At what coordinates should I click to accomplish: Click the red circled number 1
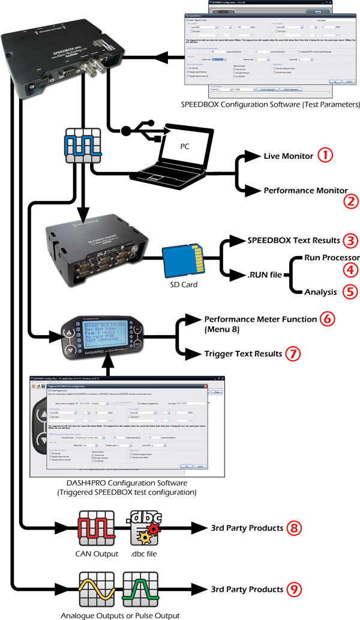(325, 155)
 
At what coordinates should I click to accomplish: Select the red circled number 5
(334, 291)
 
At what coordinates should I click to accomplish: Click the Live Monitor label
(288, 156)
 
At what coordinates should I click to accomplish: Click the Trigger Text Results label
(243, 354)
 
